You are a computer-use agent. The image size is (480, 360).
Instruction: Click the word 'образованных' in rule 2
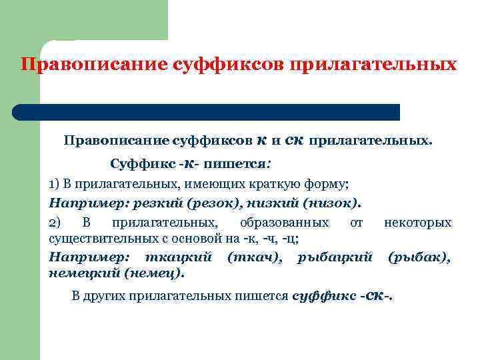(x=284, y=222)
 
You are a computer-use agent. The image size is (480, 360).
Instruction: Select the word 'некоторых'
(x=417, y=222)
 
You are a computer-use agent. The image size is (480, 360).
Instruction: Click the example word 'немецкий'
(x=79, y=273)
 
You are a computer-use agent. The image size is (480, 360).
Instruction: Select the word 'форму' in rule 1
(x=331, y=184)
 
